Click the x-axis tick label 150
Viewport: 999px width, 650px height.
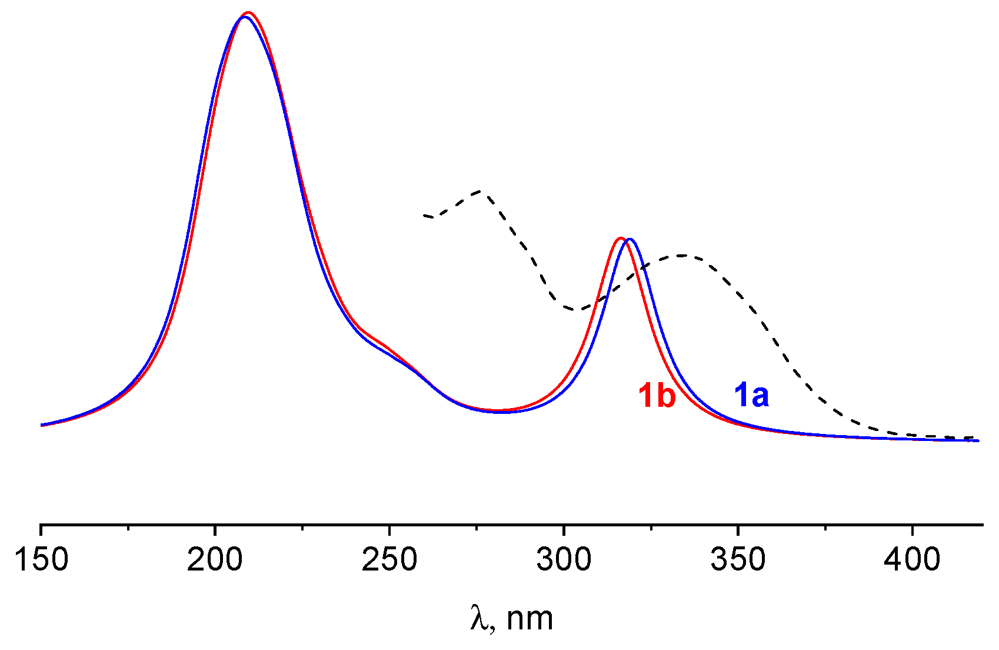click(41, 559)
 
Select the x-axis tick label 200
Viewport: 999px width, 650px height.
click(215, 559)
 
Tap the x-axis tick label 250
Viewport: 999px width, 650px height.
click(389, 559)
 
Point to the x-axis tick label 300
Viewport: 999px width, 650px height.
click(564, 559)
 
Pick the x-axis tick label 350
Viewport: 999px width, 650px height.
click(738, 559)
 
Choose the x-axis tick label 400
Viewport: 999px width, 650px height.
click(912, 559)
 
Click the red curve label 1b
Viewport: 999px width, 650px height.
click(657, 395)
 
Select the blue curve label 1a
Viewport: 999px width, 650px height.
click(751, 395)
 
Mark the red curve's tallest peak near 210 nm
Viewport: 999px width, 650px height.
click(248, 12)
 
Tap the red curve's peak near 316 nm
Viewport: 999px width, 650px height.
click(620, 238)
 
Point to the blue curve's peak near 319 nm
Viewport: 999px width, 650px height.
click(630, 240)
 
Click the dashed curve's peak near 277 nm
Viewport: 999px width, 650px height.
click(481, 191)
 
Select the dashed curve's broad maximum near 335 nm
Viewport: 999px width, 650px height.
click(682, 256)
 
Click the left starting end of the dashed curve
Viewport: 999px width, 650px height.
click(424, 215)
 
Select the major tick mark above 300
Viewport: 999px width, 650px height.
click(564, 528)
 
